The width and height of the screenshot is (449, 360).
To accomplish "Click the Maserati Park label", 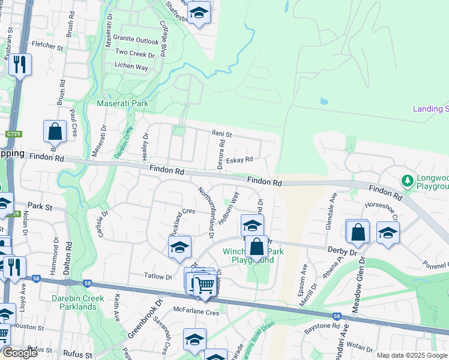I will (x=122, y=104).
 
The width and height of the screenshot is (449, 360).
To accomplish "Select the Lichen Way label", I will (x=131, y=67).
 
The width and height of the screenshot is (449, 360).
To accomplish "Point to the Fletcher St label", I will (x=47, y=46).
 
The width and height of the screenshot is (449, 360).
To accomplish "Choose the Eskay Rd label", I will (x=240, y=160).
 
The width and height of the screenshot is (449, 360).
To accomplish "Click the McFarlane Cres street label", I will (x=196, y=313).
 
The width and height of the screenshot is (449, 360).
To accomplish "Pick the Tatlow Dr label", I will (x=158, y=276).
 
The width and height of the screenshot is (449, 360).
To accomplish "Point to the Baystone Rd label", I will (x=322, y=326).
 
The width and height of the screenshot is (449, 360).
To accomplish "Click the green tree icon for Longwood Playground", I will (x=408, y=181).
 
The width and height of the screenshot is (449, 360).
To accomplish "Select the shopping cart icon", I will (x=204, y=285).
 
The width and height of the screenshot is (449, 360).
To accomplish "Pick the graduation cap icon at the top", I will (x=197, y=12).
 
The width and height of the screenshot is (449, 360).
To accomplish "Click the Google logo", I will (x=20, y=352).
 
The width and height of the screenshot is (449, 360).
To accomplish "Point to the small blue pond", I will (x=324, y=101).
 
